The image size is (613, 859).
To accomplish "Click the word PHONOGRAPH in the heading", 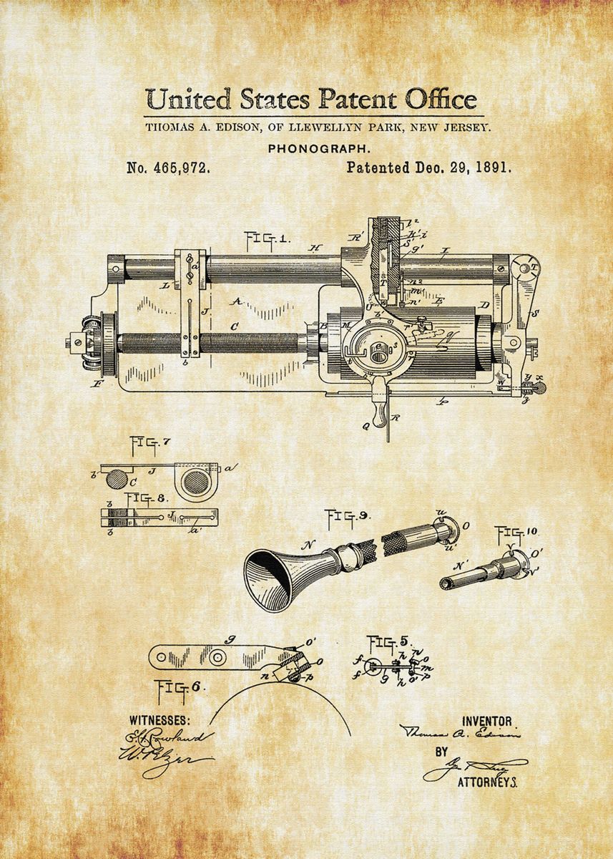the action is [x=318, y=149].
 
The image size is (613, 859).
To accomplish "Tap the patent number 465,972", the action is [x=168, y=169].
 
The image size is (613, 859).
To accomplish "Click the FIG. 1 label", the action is [x=266, y=238].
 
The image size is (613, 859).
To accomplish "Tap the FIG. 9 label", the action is [x=348, y=516].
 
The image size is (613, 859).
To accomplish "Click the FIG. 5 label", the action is [x=388, y=641].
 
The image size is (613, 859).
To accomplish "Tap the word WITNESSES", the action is [x=160, y=719].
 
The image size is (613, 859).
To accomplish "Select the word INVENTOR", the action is [x=487, y=722].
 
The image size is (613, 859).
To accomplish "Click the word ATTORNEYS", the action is [x=487, y=782].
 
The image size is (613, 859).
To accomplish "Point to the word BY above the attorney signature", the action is [x=441, y=752].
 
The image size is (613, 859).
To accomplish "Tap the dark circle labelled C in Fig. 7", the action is [x=116, y=478].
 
